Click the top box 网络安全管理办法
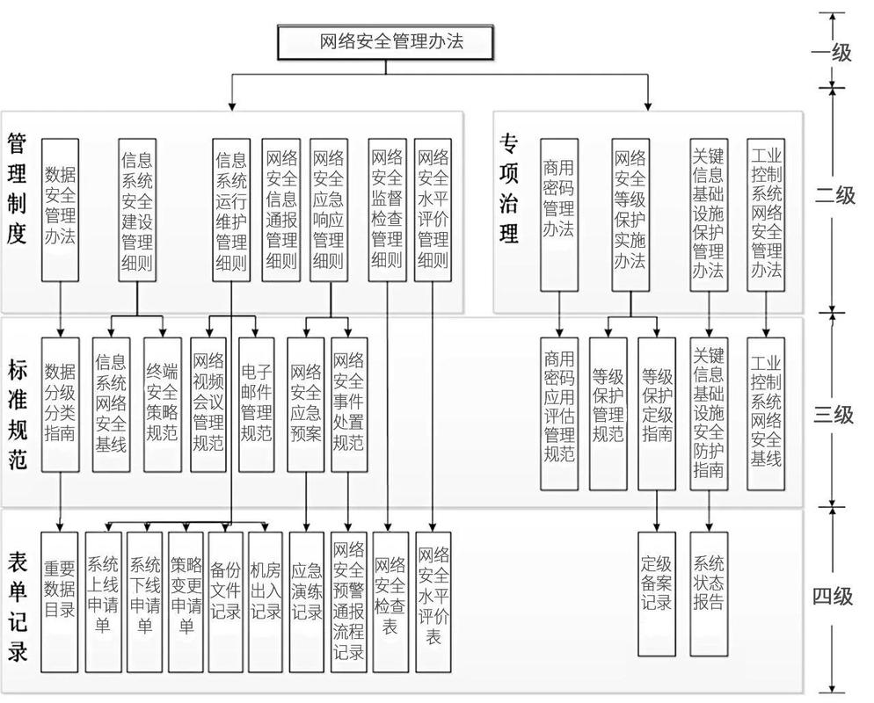388,41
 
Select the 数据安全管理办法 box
61,208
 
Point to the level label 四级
832,597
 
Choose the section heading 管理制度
17,188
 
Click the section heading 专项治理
509,188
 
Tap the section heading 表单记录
17,606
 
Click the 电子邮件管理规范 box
256,405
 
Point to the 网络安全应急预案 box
305,405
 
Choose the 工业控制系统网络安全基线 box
766,413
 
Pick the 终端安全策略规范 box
162,405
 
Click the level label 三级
832,414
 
